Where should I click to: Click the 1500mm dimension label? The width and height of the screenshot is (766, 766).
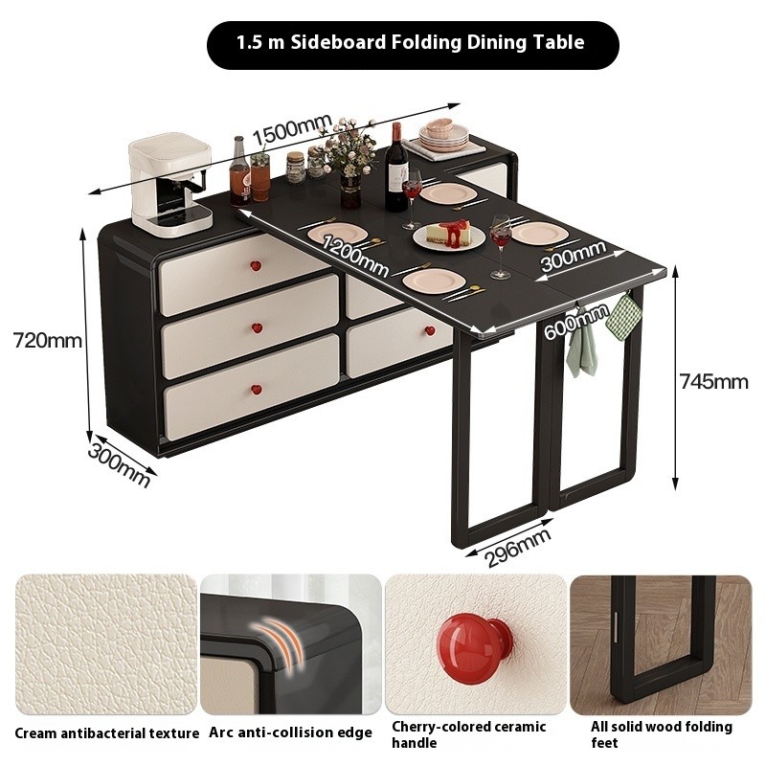(x=292, y=129)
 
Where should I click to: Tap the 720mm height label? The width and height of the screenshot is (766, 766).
(x=47, y=340)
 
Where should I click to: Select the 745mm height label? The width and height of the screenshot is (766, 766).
(x=713, y=381)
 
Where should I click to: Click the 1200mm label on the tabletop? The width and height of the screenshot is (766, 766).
(x=355, y=256)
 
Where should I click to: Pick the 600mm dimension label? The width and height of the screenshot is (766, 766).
(x=575, y=321)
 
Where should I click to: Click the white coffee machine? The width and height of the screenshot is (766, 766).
(x=170, y=187)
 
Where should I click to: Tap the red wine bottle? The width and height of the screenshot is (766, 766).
(x=396, y=168)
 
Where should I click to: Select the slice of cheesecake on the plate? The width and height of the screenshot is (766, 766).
(x=448, y=232)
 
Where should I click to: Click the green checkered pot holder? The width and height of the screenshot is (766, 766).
(x=621, y=317)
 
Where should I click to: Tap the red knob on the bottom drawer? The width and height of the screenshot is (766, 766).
(x=256, y=390)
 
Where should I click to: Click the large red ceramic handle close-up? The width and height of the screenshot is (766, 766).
(x=472, y=648)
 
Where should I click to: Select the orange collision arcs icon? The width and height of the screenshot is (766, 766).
(x=278, y=641)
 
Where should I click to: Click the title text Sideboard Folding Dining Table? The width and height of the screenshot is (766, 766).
(x=438, y=42)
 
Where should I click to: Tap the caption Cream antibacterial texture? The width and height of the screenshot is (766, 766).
(x=107, y=732)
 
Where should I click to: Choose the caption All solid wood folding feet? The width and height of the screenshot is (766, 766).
(x=662, y=734)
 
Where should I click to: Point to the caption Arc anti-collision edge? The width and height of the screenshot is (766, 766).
(x=291, y=732)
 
